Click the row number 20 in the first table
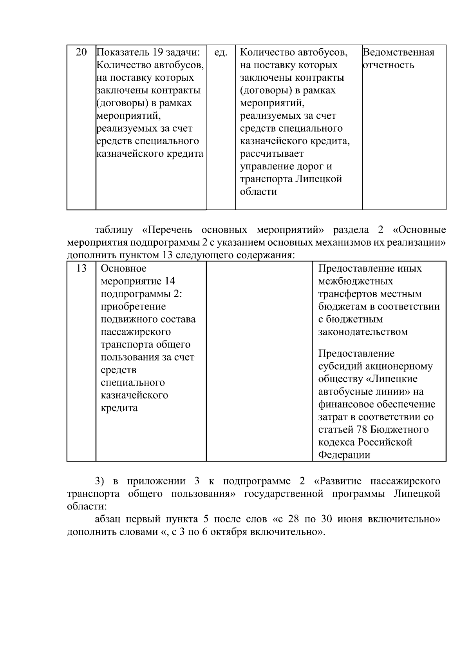click(81, 52)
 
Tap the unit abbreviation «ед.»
click(221, 52)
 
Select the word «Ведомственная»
click(398, 52)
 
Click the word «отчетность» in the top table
click(388, 65)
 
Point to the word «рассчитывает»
click(271, 154)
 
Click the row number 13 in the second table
click(81, 268)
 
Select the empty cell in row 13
click(259, 361)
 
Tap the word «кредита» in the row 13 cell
click(119, 408)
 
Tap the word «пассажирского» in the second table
click(136, 332)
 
